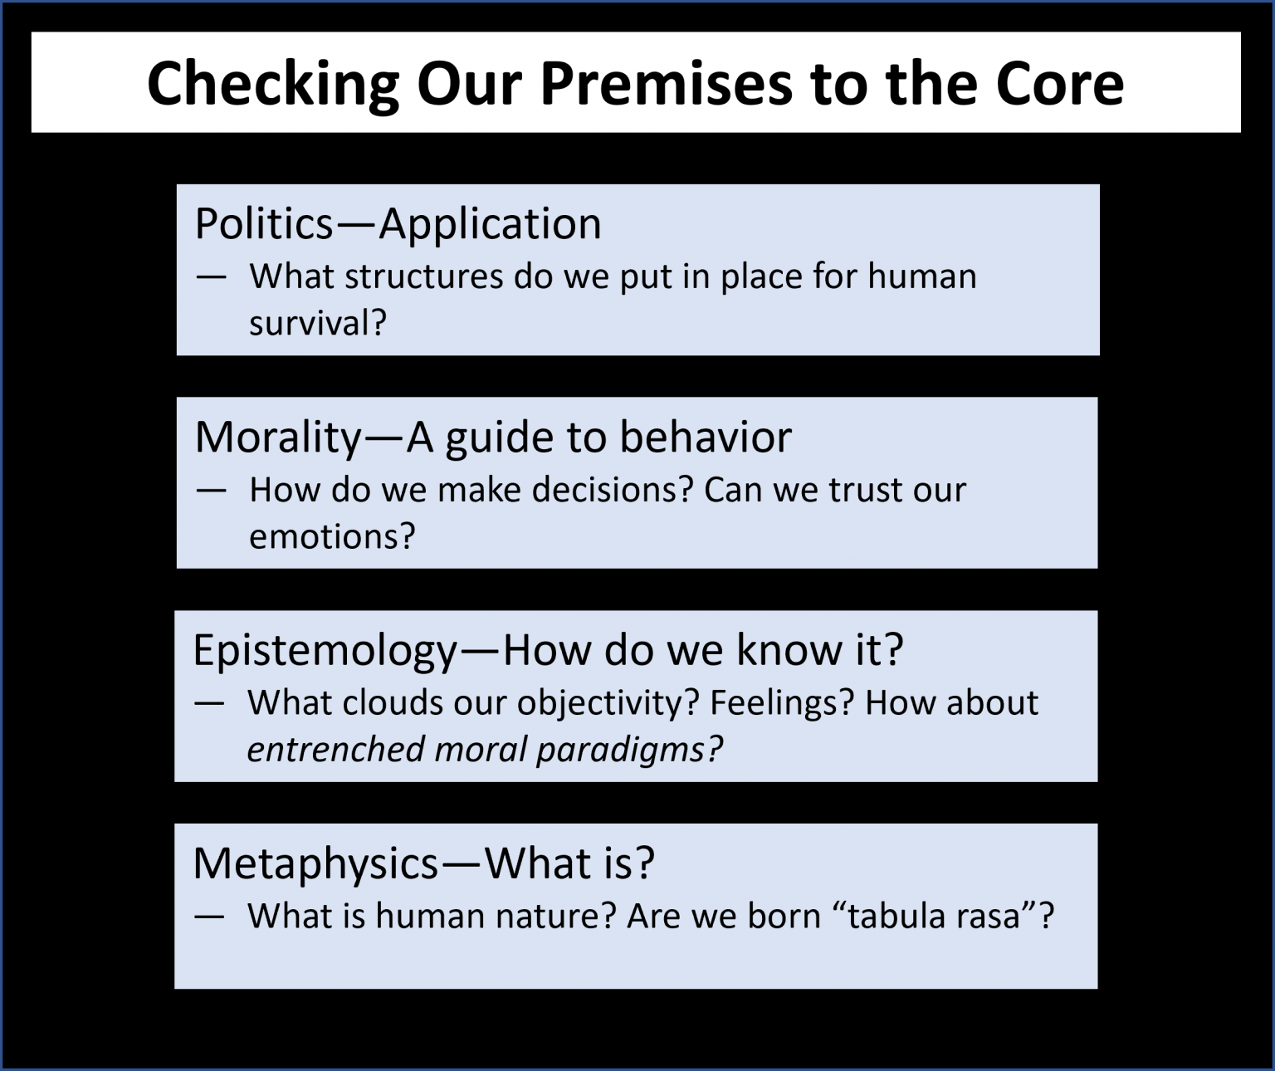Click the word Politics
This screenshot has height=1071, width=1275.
[264, 223]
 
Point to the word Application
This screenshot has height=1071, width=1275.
[491, 225]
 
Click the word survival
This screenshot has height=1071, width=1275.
[318, 323]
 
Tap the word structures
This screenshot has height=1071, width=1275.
[423, 276]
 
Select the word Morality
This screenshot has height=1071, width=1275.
[279, 438]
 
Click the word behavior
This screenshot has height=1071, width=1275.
[706, 437]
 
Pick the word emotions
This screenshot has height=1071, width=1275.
[332, 537]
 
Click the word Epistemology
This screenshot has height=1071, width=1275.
[325, 651]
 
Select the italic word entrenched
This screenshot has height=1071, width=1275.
[335, 749]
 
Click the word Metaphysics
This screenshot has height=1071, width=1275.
[315, 864]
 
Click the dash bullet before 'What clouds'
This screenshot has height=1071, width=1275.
[209, 704]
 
